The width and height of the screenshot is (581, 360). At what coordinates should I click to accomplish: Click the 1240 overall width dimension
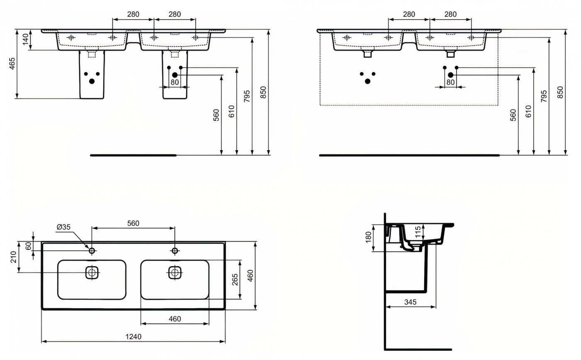pos(133,337)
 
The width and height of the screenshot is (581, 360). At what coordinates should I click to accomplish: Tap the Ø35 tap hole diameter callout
pos(63,227)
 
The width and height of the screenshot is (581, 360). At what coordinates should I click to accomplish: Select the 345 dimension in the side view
pos(410,302)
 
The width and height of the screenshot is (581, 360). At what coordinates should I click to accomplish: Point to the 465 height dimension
pos(12,64)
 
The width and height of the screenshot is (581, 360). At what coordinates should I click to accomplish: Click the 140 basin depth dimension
pos(25,39)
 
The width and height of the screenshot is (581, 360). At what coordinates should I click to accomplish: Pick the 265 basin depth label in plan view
pos(235,279)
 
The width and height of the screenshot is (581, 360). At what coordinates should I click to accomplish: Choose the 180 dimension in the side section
pos(369,238)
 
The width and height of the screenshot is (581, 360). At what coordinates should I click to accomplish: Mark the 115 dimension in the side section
pos(418,232)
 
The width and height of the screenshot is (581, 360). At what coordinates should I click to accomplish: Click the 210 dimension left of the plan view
pos(13,257)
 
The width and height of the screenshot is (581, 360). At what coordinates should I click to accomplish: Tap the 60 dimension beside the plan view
pos(29,246)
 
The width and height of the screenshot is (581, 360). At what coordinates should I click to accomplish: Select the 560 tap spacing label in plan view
pos(133,223)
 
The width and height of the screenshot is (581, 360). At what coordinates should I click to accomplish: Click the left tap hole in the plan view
pos(92,251)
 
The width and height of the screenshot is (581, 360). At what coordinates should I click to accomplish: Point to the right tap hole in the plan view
pos(175,251)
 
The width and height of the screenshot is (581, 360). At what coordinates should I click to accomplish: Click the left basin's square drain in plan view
pos(92,273)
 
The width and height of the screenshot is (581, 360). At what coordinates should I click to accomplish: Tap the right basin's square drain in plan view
pos(175,273)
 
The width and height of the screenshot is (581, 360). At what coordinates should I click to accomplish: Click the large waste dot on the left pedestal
pos(92,81)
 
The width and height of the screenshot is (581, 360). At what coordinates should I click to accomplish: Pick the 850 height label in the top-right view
pos(560,93)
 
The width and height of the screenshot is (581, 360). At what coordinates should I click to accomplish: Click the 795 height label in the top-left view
pos(247,96)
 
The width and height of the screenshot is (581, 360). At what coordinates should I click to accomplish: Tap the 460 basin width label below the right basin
pos(175,319)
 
